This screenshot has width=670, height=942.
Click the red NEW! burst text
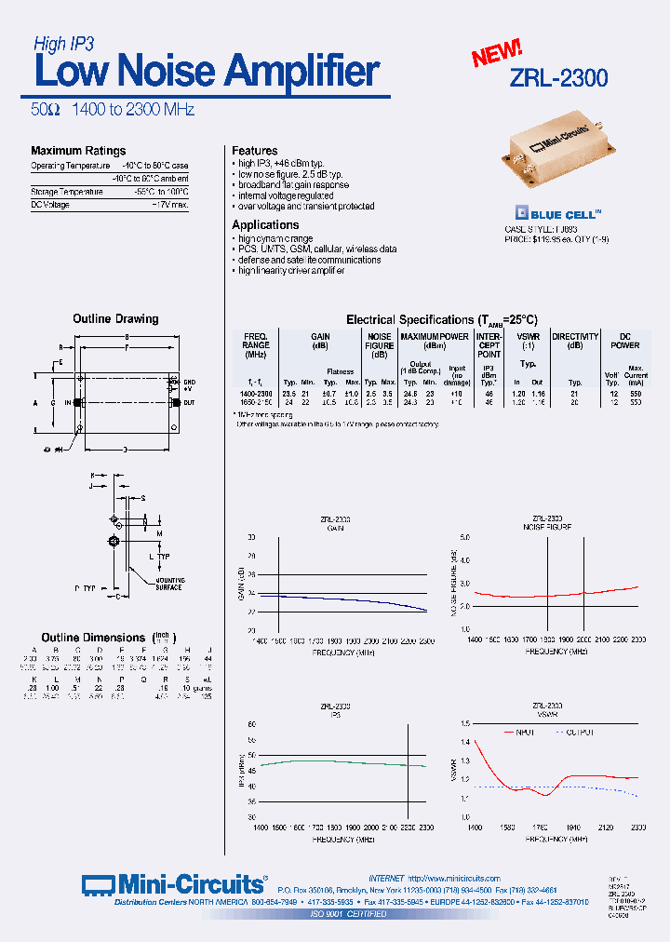pyautogui.click(x=496, y=54)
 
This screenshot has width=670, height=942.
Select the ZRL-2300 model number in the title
pyautogui.click(x=558, y=78)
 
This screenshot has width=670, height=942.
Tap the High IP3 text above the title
pyautogui.click(x=63, y=43)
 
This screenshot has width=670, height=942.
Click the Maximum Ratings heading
pyautogui.click(x=78, y=151)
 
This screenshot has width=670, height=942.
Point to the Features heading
pyautogui.click(x=254, y=151)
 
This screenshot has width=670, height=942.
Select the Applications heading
pyautogui.click(x=265, y=225)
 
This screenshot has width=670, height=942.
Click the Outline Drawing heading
pyautogui.click(x=115, y=319)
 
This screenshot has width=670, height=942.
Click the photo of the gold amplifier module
pyautogui.click(x=557, y=153)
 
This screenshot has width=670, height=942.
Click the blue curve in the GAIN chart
pyautogui.click(x=354, y=599)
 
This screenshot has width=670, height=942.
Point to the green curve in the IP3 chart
pyautogui.click(x=344, y=761)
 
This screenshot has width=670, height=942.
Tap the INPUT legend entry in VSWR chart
pyautogui.click(x=522, y=732)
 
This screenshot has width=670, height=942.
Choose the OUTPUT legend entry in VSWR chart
pyautogui.click(x=579, y=732)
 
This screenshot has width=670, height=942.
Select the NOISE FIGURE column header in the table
pyautogui.click(x=380, y=344)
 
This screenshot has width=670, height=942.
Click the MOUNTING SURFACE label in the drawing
pyautogui.click(x=168, y=583)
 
